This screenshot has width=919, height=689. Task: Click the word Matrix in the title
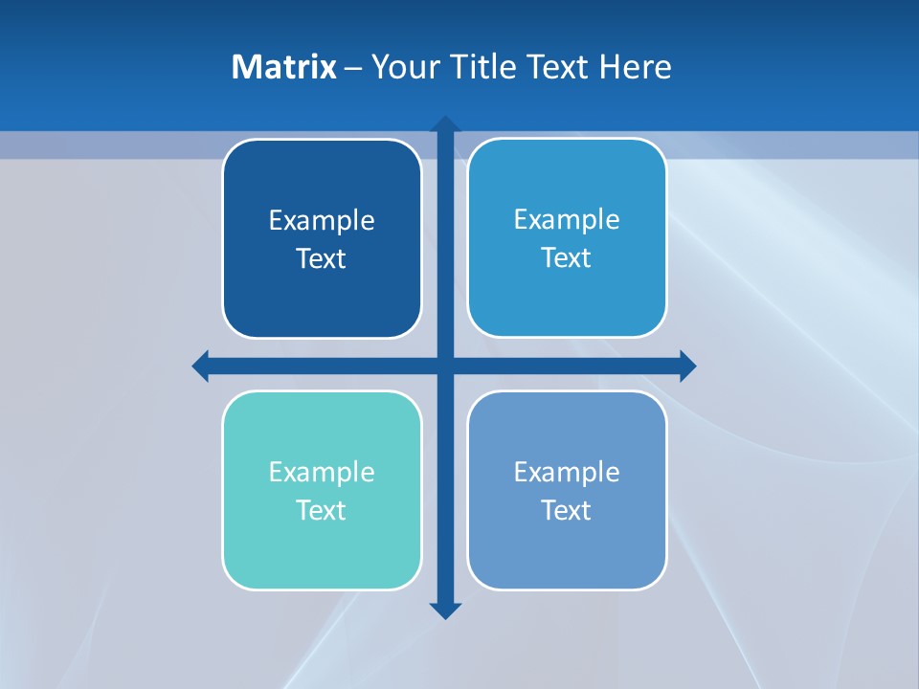coord(284,67)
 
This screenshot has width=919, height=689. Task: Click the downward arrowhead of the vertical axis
coord(445,610)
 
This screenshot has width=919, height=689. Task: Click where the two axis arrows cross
coord(445,366)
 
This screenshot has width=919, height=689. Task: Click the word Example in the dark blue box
coord(322,221)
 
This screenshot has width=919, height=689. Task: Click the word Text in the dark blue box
coord(322,259)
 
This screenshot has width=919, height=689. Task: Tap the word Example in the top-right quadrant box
coord(567,220)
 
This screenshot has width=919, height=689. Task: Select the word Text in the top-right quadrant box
coord(567,258)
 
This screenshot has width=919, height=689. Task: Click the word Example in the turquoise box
coord(322,473)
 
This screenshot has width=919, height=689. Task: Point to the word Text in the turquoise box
coord(322,511)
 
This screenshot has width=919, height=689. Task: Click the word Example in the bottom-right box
coord(567,473)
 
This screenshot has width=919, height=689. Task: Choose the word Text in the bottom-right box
coord(567,511)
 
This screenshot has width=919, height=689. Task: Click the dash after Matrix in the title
coord(353,68)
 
